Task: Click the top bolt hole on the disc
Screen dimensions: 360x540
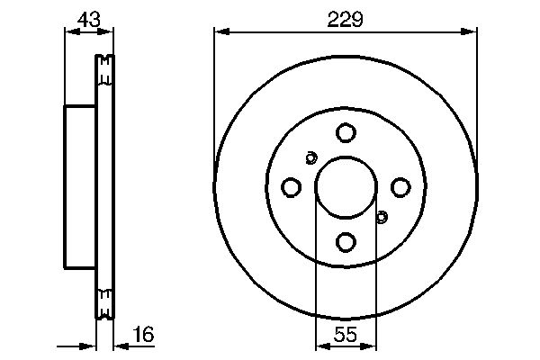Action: click(346, 133)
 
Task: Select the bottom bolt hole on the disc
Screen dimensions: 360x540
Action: click(346, 241)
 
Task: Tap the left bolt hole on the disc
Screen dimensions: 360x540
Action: click(291, 187)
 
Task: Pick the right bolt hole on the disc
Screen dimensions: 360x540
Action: click(400, 187)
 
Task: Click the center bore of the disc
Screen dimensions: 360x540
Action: click(346, 187)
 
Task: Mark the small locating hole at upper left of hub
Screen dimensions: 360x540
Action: click(310, 158)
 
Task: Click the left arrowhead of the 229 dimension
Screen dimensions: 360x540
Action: click(220, 31)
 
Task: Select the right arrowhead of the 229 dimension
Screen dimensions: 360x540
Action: click(471, 31)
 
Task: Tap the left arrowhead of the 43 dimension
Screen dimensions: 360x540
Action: click(68, 31)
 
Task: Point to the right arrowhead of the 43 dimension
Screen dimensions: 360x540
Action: click(110, 31)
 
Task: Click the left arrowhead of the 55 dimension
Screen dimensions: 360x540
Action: click(319, 346)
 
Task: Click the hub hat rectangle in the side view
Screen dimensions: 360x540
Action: click(79, 187)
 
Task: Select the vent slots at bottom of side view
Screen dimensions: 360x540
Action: click(104, 302)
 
